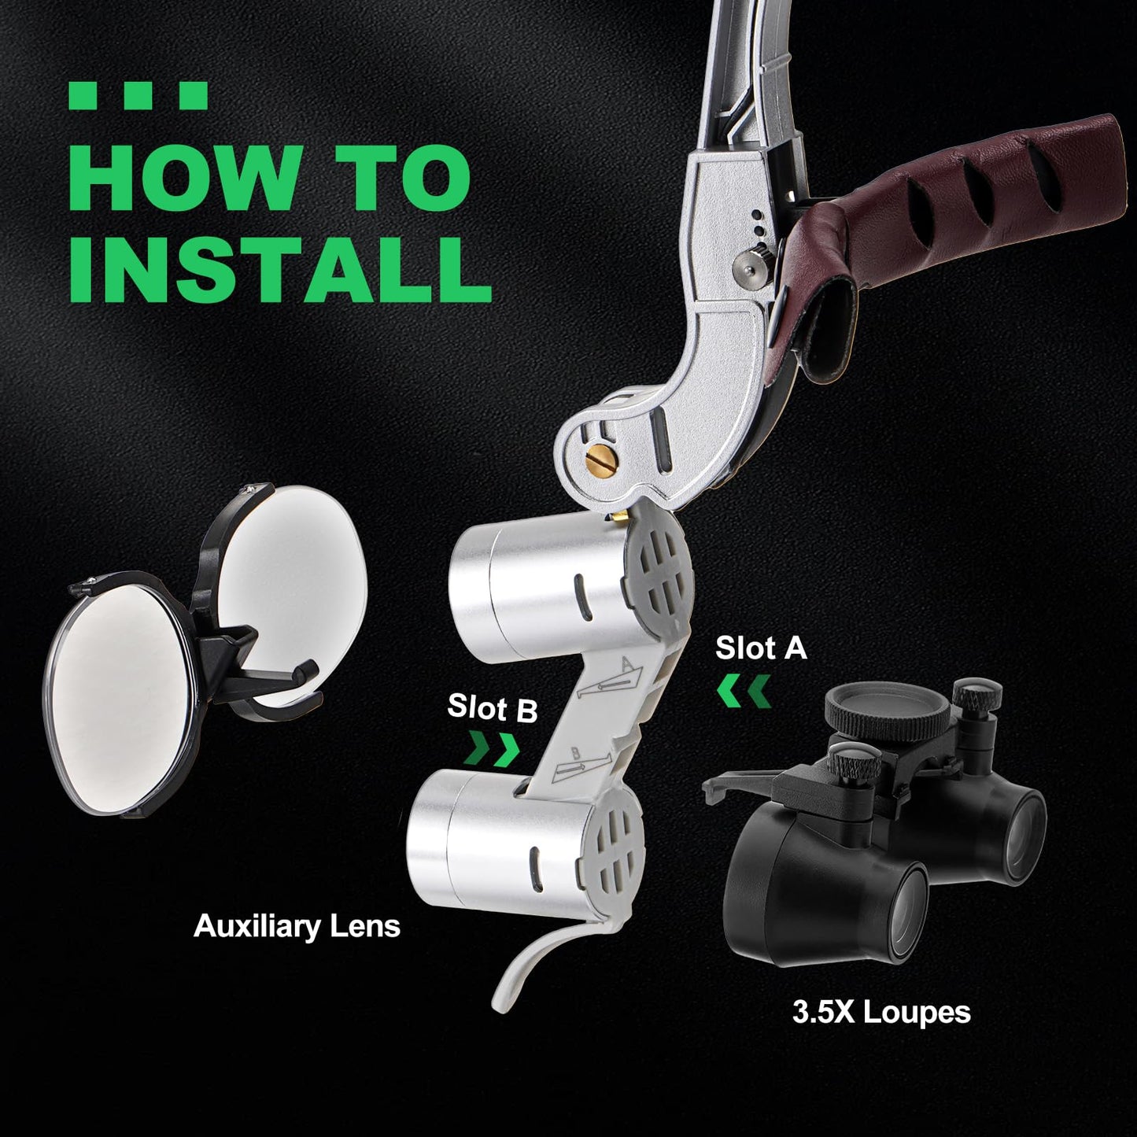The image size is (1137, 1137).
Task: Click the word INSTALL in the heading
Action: coord(280,269)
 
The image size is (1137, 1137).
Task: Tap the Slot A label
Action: coord(761,648)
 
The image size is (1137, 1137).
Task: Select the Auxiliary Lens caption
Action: coord(297,926)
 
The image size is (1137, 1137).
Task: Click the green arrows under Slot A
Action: coord(744,691)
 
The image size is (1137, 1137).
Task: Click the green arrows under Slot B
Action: coord(492,749)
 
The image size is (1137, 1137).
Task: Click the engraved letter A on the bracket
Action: coord(629,665)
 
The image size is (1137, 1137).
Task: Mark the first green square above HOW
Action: coord(83,95)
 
